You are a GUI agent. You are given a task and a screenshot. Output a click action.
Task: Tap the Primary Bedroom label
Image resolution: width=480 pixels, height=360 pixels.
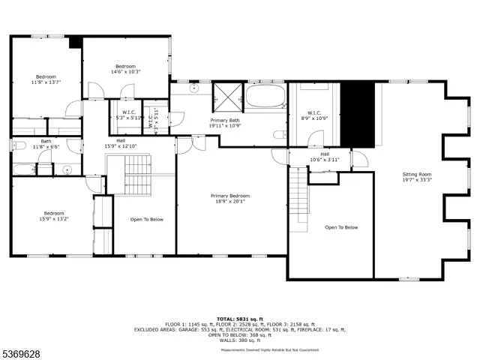coord(229,198)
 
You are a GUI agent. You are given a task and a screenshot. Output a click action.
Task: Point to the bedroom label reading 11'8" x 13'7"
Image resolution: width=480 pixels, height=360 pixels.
coord(46,80)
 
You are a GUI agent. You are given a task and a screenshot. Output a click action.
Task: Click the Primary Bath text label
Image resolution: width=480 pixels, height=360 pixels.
coord(224,123)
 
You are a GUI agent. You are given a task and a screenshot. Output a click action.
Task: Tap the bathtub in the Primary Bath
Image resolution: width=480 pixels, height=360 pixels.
coord(266,97)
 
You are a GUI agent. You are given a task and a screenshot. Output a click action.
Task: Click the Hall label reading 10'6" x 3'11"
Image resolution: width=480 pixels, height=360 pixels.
coord(325,157)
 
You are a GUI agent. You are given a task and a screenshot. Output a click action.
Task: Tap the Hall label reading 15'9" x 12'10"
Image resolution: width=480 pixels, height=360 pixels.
coord(120,142)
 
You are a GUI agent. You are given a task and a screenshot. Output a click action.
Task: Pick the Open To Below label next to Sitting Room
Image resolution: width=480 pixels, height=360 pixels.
coord(341,227)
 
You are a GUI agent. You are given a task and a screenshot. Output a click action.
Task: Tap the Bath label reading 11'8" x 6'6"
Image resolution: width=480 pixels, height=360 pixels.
coord(46,144)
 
